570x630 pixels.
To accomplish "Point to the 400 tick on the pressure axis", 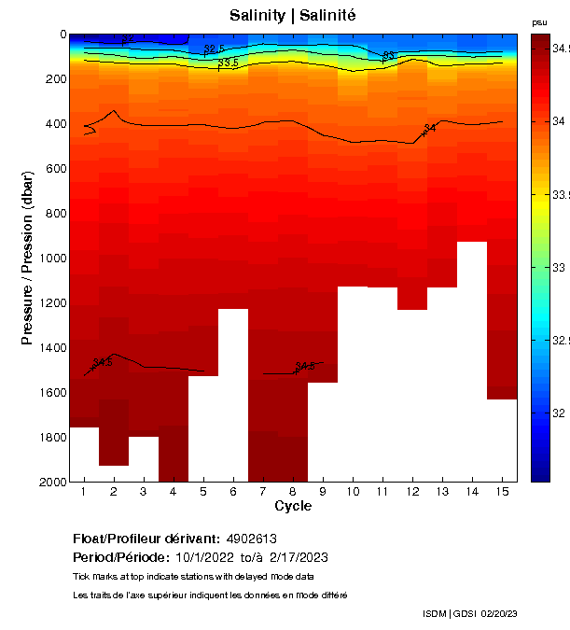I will click(x=57, y=124).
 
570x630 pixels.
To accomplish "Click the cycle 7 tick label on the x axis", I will click(x=263, y=492).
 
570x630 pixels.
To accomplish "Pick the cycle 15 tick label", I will click(x=502, y=492).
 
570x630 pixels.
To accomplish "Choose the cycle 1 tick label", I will click(x=84, y=492).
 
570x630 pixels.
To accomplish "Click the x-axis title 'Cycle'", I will click(x=293, y=507).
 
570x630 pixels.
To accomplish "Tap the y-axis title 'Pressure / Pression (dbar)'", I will click(x=27, y=258).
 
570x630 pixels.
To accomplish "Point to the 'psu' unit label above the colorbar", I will click(x=539, y=21).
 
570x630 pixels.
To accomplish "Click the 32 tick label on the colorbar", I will click(x=558, y=413).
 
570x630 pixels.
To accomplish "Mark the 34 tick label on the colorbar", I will click(x=558, y=121).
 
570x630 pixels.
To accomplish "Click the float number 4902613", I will click(x=251, y=539).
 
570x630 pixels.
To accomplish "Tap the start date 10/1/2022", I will click(x=207, y=557).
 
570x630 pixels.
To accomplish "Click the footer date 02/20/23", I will click(x=500, y=613).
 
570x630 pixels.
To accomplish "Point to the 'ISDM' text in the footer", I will click(x=434, y=613).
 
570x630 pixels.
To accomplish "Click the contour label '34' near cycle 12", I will click(x=430, y=128).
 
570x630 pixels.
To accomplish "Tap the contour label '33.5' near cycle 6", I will click(x=229, y=63).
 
